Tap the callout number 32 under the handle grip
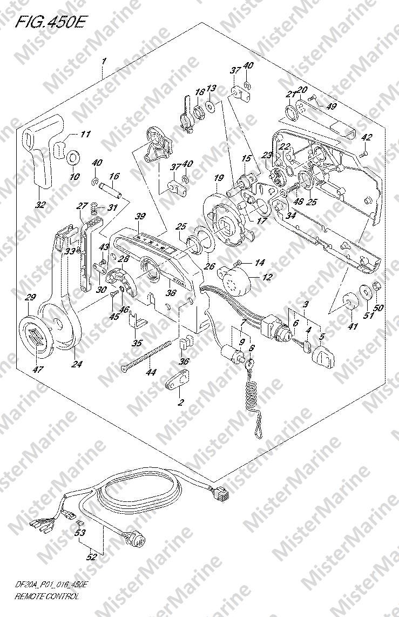[x=40, y=205]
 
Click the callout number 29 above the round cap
[x=30, y=297]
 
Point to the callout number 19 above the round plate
[x=218, y=178]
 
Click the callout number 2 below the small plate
[x=181, y=402]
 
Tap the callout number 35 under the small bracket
[x=138, y=342]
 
